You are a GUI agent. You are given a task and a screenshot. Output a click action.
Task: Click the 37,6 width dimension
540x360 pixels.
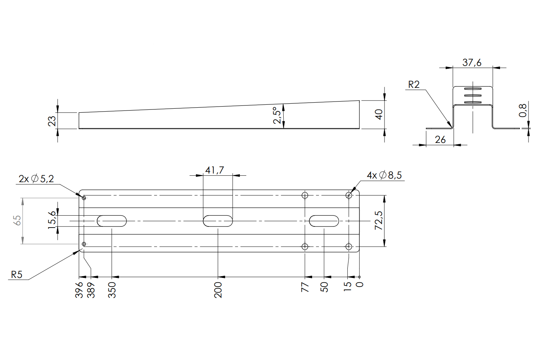click(472, 63)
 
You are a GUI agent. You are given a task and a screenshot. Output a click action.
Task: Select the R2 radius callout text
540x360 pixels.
click(414, 85)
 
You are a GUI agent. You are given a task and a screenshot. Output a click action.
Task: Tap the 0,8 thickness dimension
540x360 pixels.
click(523, 111)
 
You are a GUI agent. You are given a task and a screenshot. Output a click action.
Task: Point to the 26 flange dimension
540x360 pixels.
click(440, 140)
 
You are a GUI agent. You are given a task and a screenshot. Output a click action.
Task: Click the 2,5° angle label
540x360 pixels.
click(277, 116)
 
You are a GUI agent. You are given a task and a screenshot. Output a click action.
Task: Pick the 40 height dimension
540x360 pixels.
click(379, 114)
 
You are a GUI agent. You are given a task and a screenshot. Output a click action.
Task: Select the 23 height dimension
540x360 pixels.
click(52, 121)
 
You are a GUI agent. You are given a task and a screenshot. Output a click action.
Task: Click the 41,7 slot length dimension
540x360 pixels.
click(215, 170)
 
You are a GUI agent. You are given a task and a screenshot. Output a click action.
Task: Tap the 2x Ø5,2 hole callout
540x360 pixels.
click(36, 179)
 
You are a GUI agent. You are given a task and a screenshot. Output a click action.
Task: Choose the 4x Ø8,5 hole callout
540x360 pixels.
click(384, 175)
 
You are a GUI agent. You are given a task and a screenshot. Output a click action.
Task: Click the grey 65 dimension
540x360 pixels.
click(18, 220)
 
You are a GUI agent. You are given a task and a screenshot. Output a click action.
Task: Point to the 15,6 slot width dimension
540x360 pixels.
click(52, 220)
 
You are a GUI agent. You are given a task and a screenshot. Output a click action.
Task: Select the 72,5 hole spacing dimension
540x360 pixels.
click(379, 220)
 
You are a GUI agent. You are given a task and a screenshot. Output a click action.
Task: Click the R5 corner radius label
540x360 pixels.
click(17, 275)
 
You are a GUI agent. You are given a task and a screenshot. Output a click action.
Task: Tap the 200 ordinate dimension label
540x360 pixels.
click(218, 290)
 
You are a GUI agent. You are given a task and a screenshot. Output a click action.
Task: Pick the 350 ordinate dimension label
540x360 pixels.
click(112, 290)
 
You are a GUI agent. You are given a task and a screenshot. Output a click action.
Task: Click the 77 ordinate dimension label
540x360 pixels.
click(305, 287)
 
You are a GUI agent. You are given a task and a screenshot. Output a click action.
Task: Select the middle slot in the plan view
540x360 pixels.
click(218, 221)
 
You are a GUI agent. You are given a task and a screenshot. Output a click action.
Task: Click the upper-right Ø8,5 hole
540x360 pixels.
click(348, 195)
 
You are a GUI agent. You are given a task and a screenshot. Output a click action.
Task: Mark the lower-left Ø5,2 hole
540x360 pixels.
click(84, 244)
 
